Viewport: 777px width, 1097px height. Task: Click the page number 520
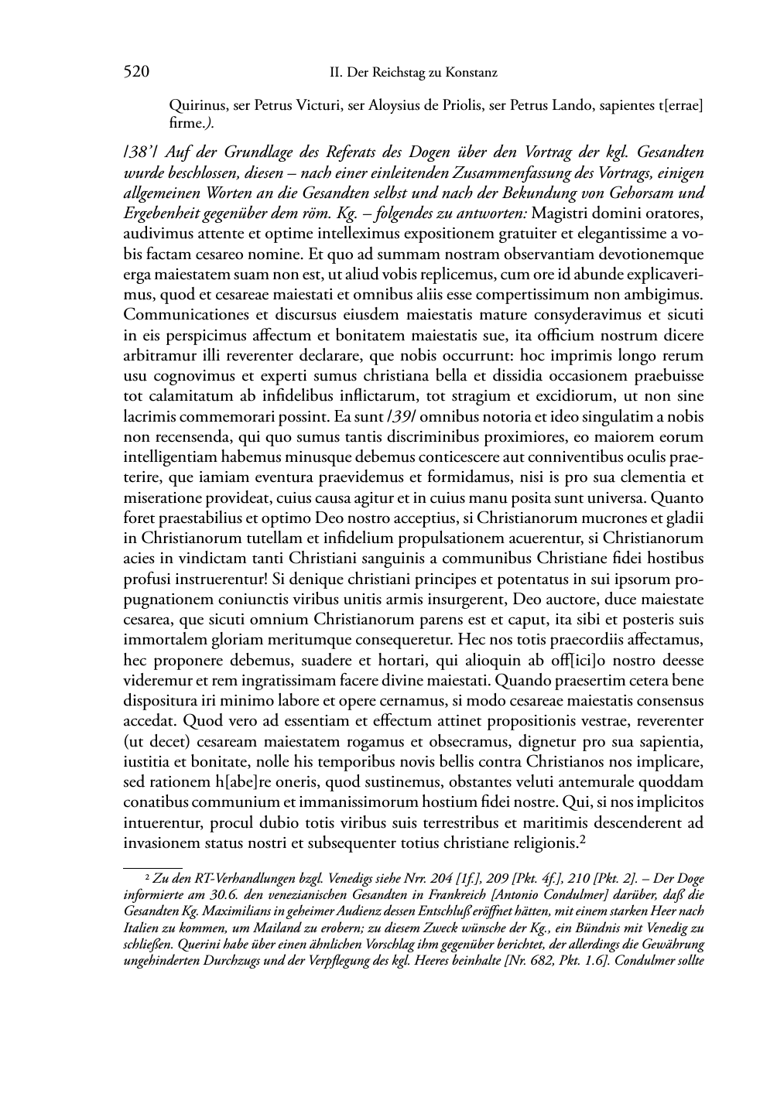click(x=136, y=73)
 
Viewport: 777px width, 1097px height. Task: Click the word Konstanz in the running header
click(x=469, y=73)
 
